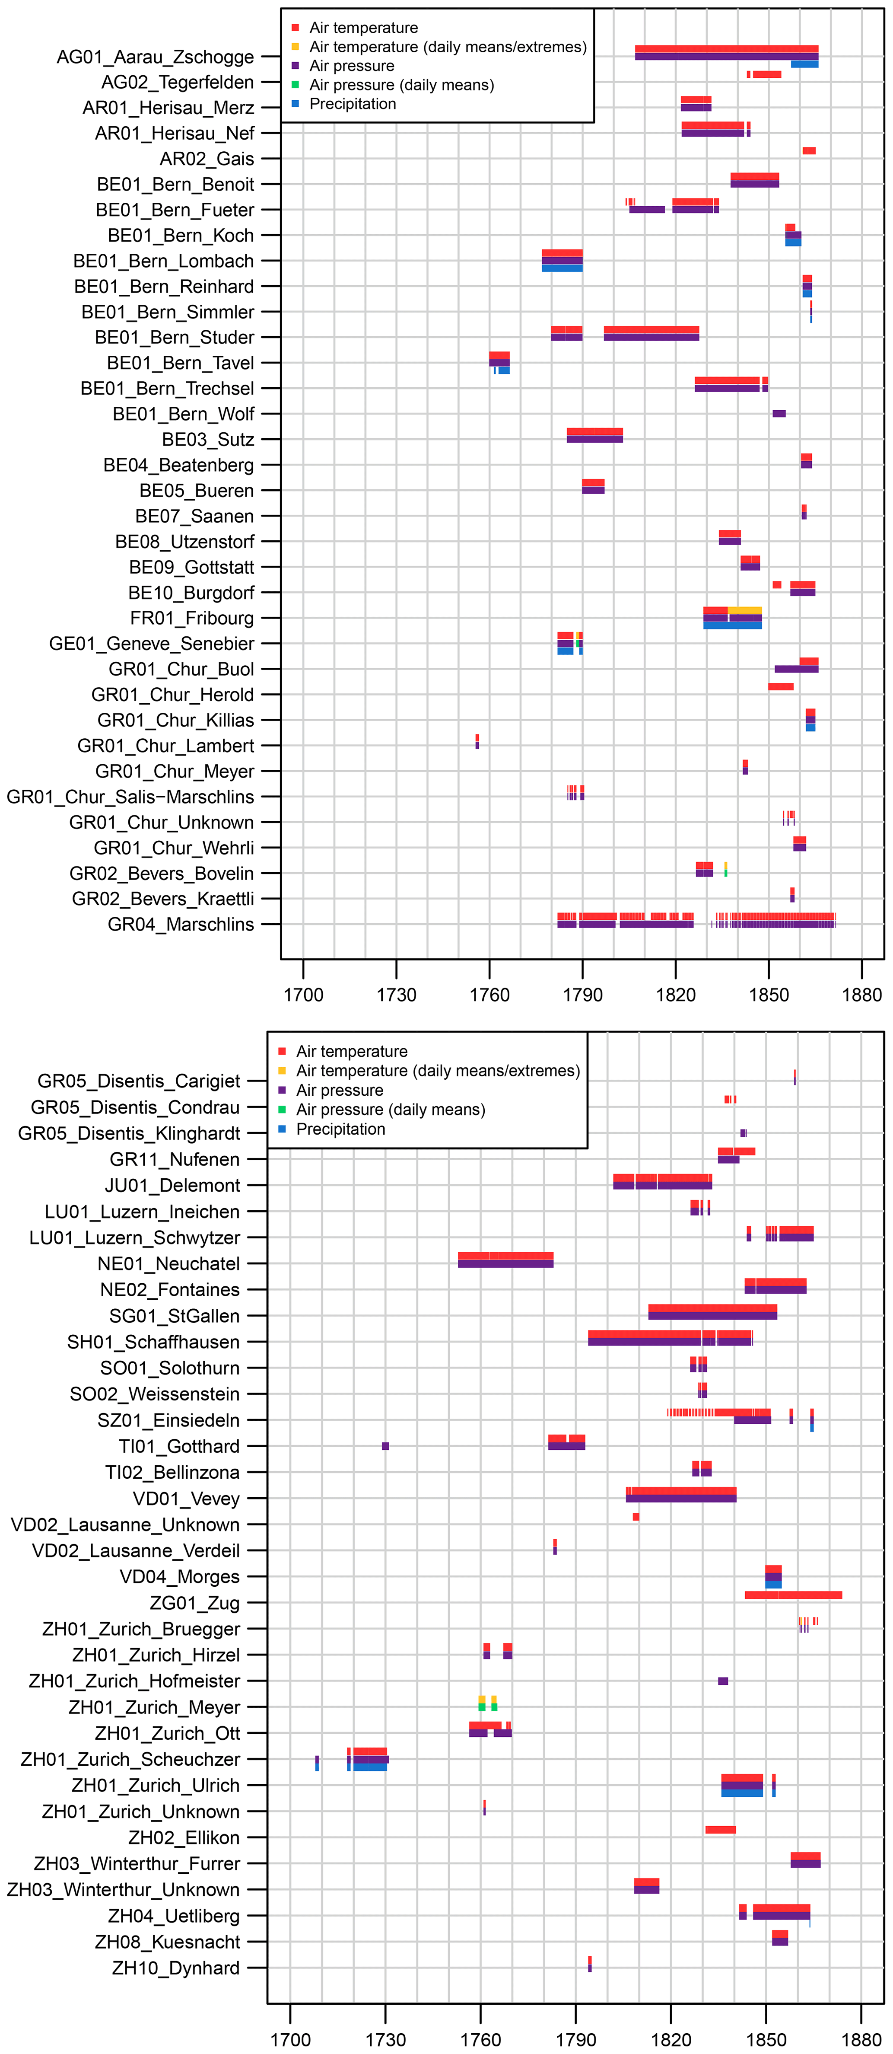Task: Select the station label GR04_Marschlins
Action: [x=181, y=925]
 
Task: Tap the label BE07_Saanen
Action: [x=194, y=517]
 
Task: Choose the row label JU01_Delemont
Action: [x=172, y=1186]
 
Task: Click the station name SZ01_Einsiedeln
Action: [x=168, y=1420]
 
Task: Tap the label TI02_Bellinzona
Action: [x=172, y=1473]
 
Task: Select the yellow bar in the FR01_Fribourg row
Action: [x=745, y=611]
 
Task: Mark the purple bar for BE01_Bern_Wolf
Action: [x=779, y=414]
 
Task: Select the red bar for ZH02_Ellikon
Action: [x=721, y=1830]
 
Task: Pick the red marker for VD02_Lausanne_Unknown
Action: [x=636, y=1517]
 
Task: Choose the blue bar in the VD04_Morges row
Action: [x=773, y=1584]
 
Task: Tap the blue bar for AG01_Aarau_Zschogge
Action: [x=804, y=64]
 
